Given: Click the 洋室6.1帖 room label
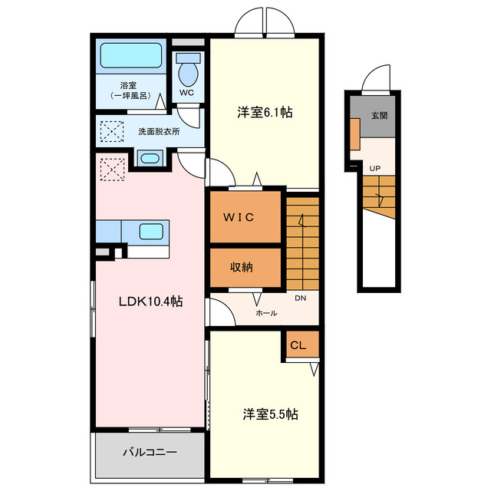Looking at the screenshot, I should click(x=264, y=112).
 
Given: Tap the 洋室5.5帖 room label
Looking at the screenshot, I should click(x=270, y=414).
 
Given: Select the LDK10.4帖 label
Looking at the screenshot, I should click(x=150, y=302).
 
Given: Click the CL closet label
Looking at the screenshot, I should click(x=298, y=346).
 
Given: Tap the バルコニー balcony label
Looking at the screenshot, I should click(x=150, y=453).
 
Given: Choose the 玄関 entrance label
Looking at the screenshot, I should click(x=380, y=117).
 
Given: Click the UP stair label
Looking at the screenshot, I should click(x=375, y=168).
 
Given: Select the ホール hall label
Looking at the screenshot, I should click(x=267, y=313).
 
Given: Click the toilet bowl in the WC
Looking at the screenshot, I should click(x=187, y=74).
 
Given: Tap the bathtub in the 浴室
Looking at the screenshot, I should click(x=130, y=55).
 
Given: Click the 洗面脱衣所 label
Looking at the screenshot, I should click(x=159, y=131).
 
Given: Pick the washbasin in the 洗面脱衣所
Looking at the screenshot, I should click(x=150, y=159).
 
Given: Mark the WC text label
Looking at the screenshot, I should click(x=186, y=94).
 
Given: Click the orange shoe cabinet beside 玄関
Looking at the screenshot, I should click(x=354, y=134).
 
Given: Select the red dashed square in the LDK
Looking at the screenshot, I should click(x=113, y=168).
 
